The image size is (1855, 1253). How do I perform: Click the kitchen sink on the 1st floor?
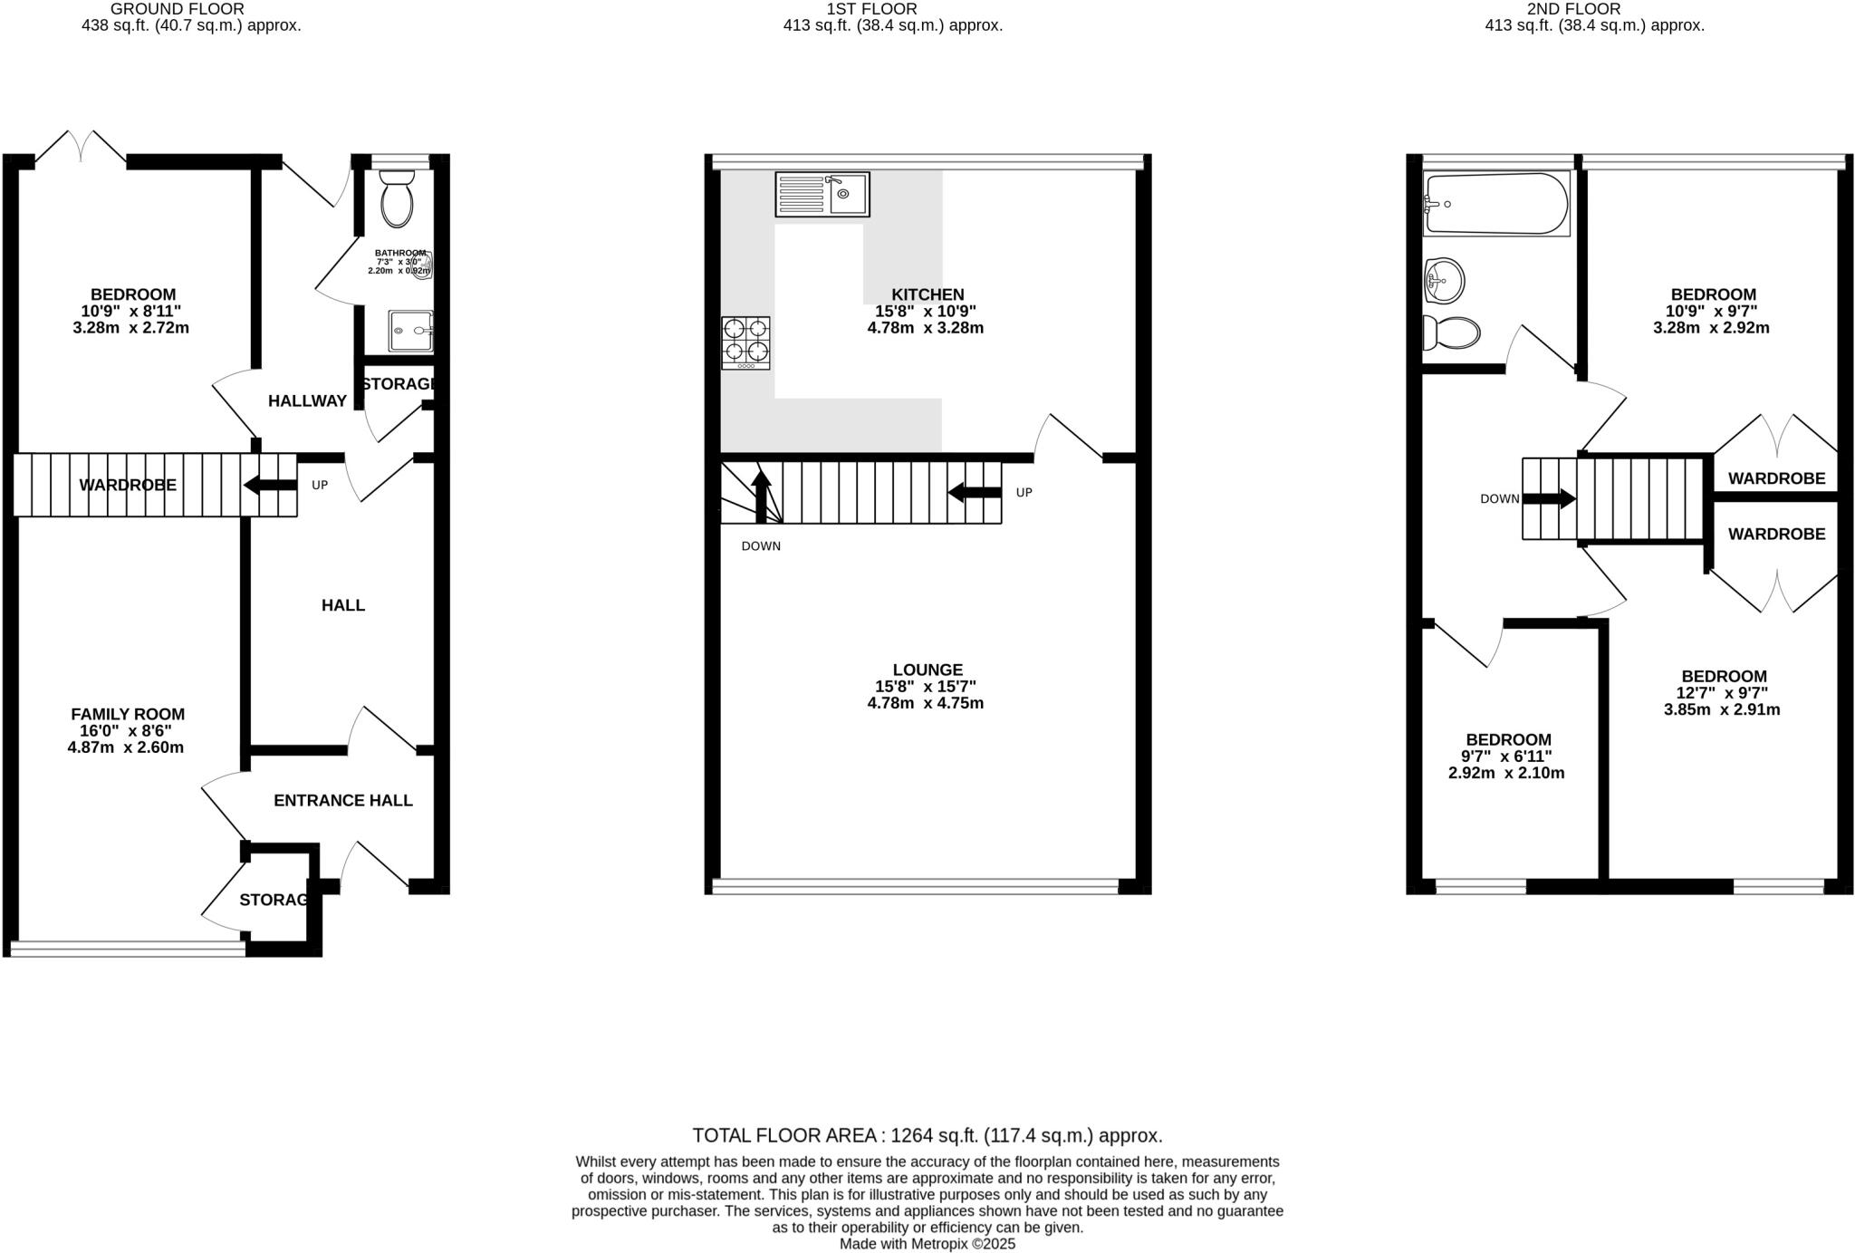[822, 194]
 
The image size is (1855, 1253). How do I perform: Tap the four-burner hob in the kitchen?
[745, 342]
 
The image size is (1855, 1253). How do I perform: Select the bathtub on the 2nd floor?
[1495, 205]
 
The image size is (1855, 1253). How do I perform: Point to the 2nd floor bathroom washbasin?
[1444, 281]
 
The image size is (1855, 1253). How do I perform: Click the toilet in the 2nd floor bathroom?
[1451, 333]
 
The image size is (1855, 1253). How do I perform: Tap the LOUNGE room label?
[927, 670]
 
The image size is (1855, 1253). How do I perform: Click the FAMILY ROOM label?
[128, 714]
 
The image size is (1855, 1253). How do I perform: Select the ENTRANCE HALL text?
[342, 800]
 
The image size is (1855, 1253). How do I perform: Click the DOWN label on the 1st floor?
[760, 546]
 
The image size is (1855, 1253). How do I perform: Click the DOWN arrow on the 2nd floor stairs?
[1549, 498]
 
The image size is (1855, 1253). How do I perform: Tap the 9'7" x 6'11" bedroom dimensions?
[1507, 757]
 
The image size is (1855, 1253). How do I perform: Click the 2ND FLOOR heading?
[1594, 9]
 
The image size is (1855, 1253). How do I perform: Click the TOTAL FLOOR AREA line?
[927, 1135]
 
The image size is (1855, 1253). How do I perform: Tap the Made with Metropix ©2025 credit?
[927, 1244]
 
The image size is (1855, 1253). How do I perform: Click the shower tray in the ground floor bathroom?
[410, 331]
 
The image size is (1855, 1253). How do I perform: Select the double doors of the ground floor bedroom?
[81, 147]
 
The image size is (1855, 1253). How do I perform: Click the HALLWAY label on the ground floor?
[307, 401]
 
